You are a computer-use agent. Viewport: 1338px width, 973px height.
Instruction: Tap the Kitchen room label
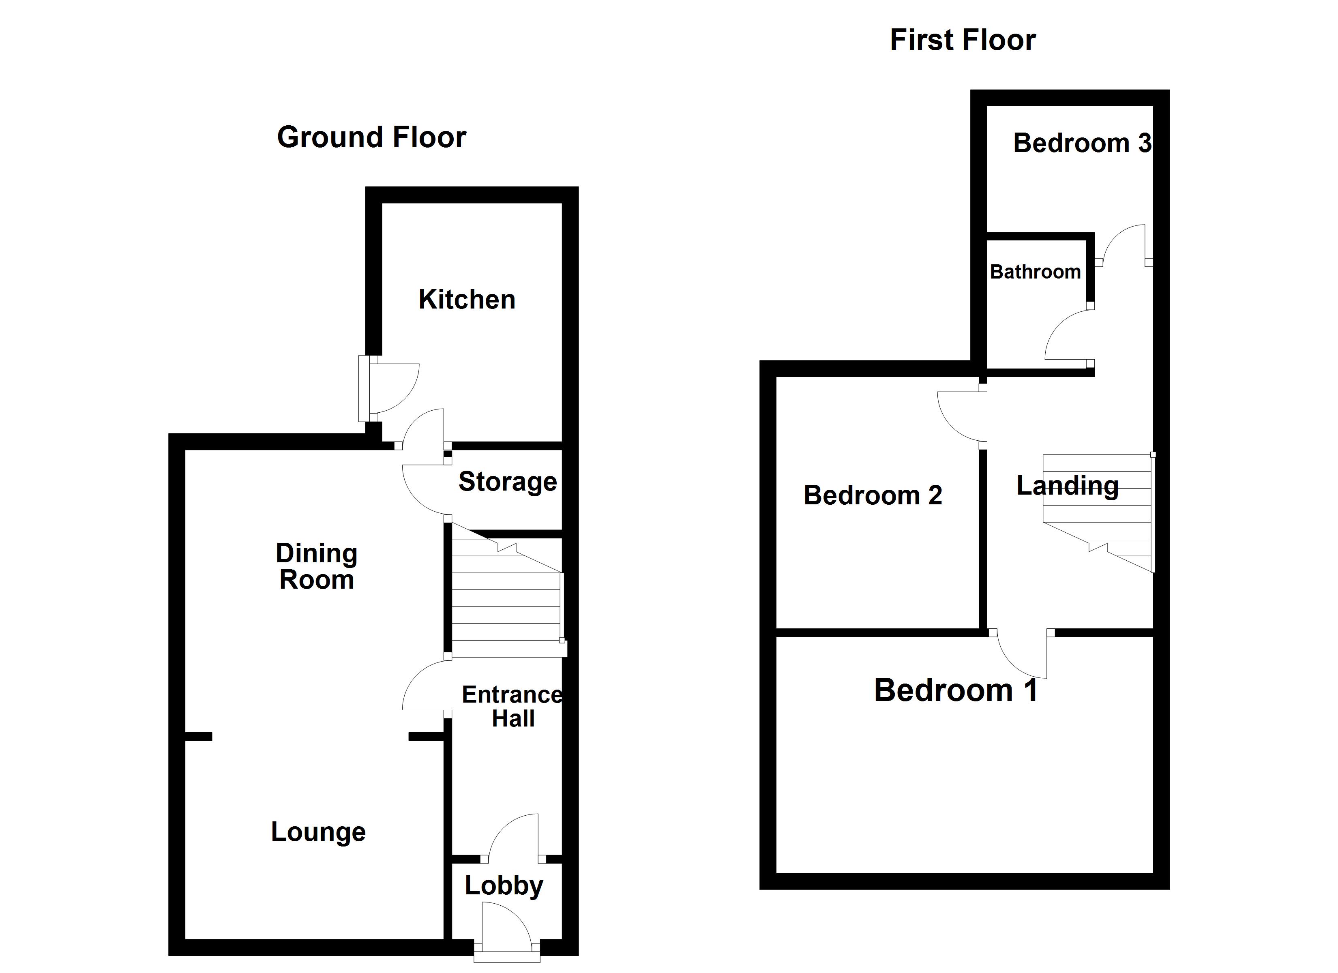(x=467, y=300)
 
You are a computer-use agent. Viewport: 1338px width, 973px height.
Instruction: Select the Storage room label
(x=507, y=482)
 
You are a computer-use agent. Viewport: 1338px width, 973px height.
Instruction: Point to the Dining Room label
(x=317, y=566)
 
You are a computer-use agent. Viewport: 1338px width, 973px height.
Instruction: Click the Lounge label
(x=318, y=832)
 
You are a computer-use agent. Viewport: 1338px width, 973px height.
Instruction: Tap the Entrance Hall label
(x=512, y=706)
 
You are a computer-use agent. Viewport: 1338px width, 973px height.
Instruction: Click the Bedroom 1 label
(x=956, y=690)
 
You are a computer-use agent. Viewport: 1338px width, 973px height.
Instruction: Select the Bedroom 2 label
(x=873, y=495)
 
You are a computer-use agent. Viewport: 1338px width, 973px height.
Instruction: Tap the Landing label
(x=1067, y=486)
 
